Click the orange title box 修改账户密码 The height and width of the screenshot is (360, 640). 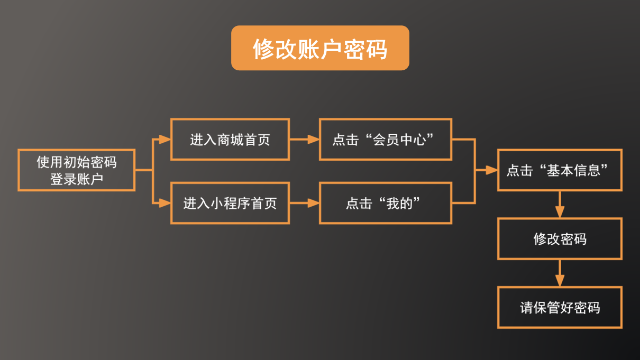click(320, 48)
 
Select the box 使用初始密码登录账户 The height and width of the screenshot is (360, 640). click(76, 170)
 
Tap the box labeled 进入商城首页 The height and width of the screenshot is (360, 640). click(230, 140)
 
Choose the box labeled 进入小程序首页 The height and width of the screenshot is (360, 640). click(230, 203)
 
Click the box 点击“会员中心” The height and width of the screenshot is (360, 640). click(385, 140)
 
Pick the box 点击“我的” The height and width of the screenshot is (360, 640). click(385, 203)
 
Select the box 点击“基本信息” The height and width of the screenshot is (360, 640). click(560, 170)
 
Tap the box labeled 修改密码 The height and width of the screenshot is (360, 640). click(560, 239)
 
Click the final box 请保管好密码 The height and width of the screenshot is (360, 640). click(560, 308)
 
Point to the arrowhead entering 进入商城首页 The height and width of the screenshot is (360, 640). click(165, 140)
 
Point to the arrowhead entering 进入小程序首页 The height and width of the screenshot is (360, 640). click(165, 203)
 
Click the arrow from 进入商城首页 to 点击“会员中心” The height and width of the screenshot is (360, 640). click(304, 140)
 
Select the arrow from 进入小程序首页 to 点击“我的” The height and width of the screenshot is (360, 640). click(304, 203)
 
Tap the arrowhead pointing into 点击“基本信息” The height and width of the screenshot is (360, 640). click(492, 170)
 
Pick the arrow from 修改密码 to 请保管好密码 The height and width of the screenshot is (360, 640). click(560, 273)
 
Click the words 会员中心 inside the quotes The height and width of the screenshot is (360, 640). click(399, 140)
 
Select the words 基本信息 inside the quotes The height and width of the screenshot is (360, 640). click(573, 170)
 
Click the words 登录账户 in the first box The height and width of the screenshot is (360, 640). click(76, 179)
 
